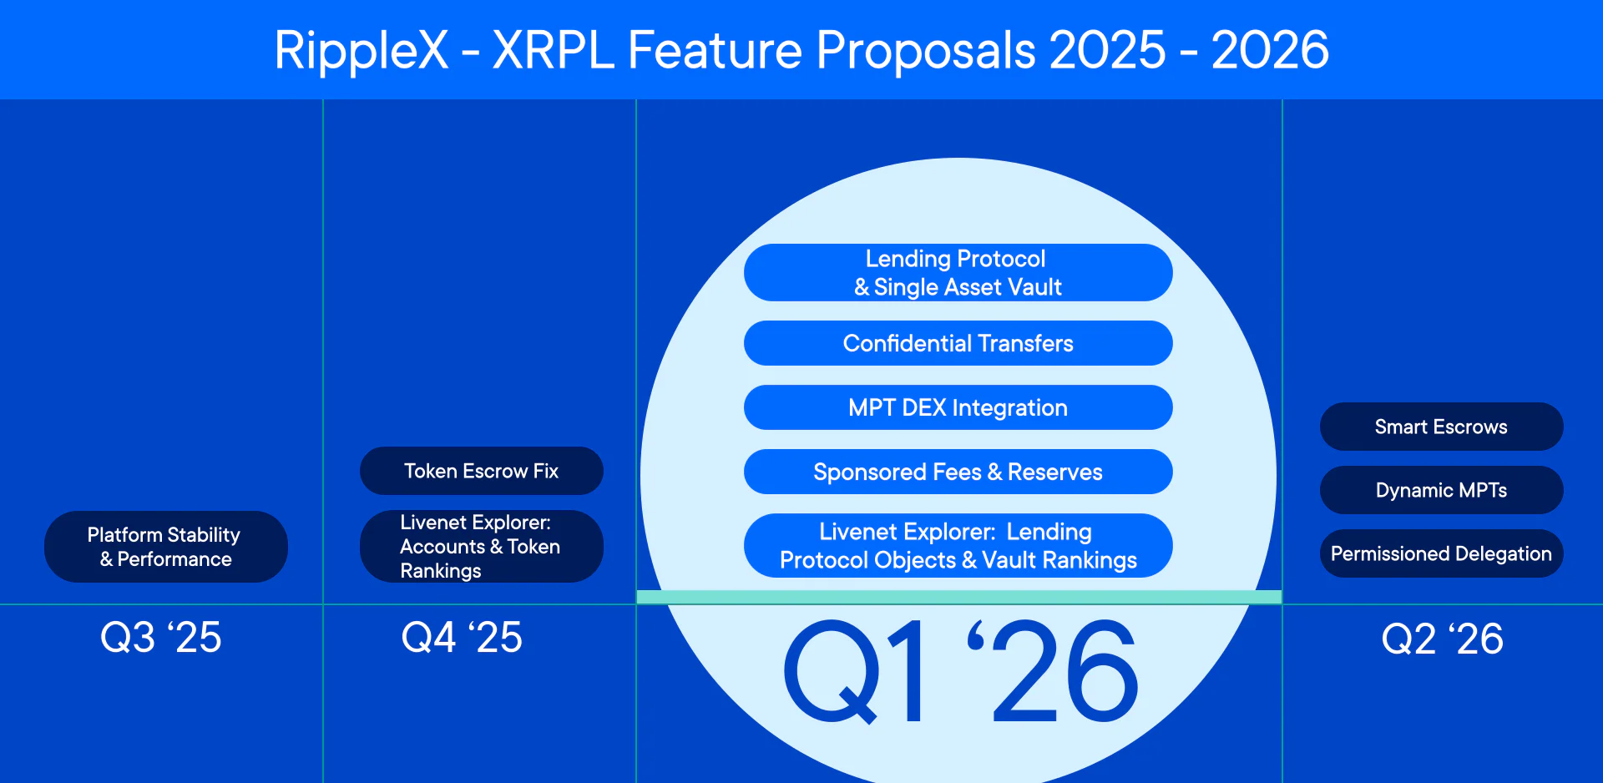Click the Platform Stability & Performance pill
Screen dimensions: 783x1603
point(165,547)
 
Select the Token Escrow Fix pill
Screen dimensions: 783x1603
point(481,471)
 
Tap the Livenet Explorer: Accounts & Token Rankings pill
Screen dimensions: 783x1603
point(481,547)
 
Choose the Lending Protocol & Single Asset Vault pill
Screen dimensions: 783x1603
point(958,273)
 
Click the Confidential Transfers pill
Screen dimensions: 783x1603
point(958,343)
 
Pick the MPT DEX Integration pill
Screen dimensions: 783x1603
point(958,407)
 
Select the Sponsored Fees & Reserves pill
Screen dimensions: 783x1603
point(958,472)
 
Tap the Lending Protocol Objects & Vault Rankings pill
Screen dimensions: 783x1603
point(958,546)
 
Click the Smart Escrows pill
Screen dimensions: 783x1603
point(1441,427)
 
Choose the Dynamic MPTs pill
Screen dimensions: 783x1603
point(1441,490)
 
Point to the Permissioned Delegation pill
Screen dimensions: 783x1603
point(1441,553)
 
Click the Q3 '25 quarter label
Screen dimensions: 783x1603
point(160,638)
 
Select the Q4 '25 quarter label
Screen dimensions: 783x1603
point(462,638)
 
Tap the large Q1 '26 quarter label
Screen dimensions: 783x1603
point(960,672)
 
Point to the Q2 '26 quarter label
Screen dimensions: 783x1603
point(1442,639)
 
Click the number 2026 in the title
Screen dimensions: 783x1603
point(1270,50)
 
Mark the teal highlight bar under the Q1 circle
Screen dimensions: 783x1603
point(958,597)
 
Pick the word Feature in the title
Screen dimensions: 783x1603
point(715,50)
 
